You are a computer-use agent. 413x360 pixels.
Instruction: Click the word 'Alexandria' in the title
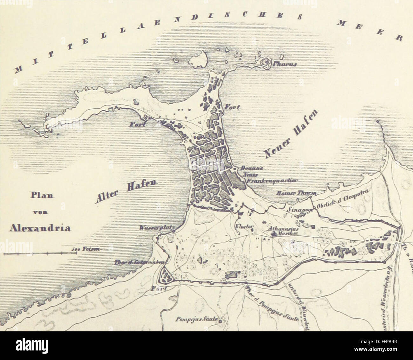click(x=40, y=228)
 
